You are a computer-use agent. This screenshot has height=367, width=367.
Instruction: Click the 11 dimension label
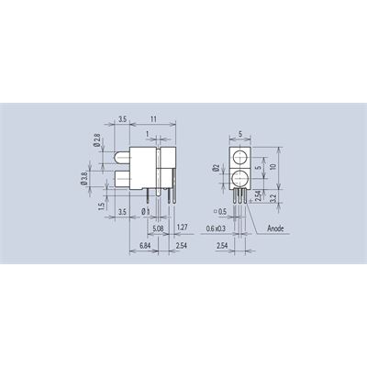(153, 119)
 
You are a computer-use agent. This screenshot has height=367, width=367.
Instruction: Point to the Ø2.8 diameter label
(97, 140)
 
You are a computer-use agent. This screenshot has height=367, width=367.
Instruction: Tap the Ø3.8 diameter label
(84, 178)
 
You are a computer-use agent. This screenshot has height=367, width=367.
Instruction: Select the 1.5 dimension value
(102, 206)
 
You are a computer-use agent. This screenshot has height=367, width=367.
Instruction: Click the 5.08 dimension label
(158, 228)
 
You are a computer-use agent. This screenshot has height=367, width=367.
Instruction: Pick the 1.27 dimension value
(182, 228)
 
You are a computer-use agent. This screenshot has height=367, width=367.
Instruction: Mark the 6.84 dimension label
(146, 246)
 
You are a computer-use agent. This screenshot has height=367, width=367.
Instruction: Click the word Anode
(275, 228)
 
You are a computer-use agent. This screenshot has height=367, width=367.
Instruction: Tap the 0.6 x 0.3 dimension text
(216, 228)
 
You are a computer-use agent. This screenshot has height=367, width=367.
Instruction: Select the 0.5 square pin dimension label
(221, 211)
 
